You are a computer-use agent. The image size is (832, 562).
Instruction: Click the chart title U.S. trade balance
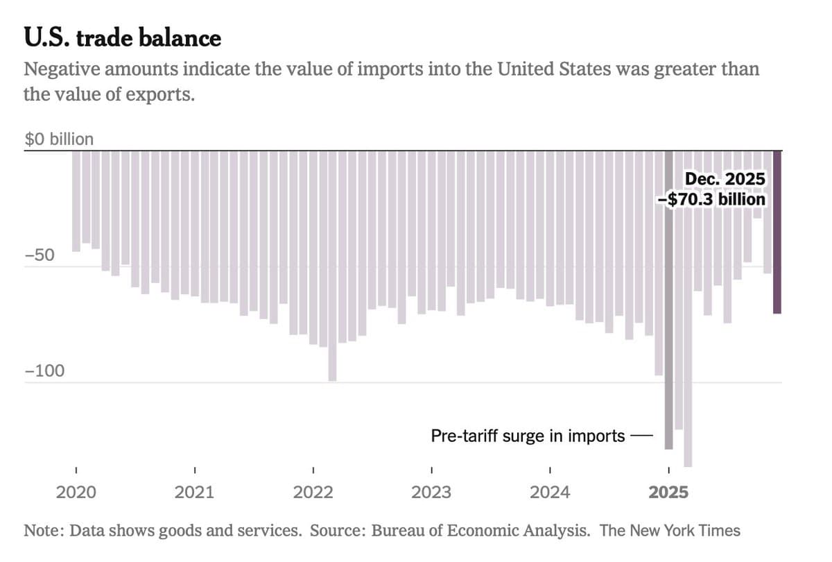pos(122,37)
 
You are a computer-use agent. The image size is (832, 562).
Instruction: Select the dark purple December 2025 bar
pos(777,232)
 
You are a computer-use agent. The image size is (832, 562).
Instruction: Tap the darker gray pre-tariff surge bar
pos(668,298)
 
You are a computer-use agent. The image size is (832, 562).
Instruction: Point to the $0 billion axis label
pos(59,139)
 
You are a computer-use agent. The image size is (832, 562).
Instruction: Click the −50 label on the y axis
pos(40,254)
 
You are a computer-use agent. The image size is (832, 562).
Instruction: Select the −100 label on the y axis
pos(44,371)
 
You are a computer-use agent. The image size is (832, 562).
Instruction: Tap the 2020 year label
pos(76,493)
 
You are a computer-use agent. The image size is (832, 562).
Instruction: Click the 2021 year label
pos(195,493)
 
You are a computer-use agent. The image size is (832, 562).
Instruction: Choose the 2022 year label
pos(313,493)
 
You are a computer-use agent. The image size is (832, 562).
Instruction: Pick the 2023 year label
pos(431,493)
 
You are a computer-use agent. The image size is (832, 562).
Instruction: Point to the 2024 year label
pos(550,493)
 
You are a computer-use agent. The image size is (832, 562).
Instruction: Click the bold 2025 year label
pos(668,493)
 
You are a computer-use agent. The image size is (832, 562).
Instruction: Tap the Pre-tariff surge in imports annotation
pos(528,436)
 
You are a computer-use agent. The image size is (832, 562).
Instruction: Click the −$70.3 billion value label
pos(712,199)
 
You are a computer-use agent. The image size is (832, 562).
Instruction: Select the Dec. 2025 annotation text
pos(725,179)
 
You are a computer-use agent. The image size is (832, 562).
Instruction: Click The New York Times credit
pos(670,531)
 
